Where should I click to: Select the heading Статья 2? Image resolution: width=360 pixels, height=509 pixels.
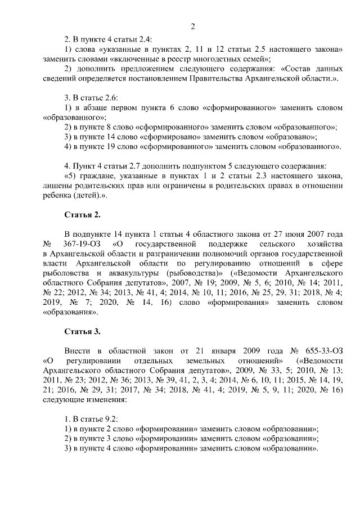tap(82, 214)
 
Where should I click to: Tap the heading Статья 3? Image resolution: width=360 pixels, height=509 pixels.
tap(82, 331)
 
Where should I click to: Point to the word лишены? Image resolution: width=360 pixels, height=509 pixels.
tap(58, 186)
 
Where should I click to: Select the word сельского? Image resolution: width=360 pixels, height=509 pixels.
tap(264, 244)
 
